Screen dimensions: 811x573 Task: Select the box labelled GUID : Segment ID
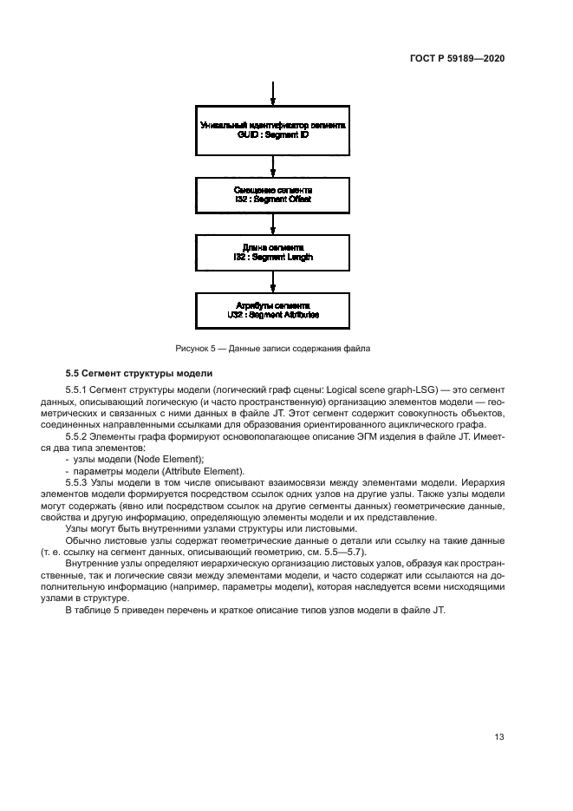pyautogui.click(x=273, y=131)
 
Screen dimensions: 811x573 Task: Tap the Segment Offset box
pyautogui.click(x=273, y=194)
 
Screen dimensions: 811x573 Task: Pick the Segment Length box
pyautogui.click(x=273, y=252)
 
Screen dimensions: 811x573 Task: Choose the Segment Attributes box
pyautogui.click(x=273, y=311)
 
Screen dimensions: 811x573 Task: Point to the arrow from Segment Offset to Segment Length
pyautogui.click(x=273, y=224)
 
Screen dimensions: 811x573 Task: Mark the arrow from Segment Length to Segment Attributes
pyautogui.click(x=273, y=282)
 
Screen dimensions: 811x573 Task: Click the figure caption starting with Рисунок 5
pyautogui.click(x=273, y=348)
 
